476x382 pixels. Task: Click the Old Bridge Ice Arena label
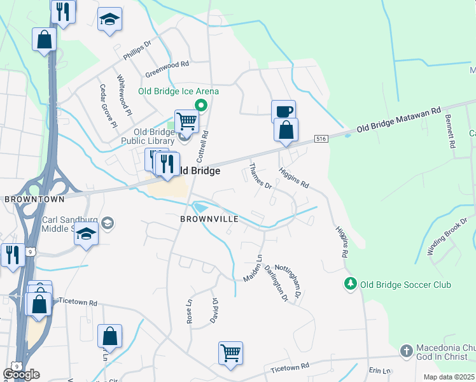(x=178, y=91)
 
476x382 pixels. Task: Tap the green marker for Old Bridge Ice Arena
(x=201, y=106)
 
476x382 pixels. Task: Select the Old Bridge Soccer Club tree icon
(x=349, y=283)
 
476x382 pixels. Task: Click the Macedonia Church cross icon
(x=406, y=351)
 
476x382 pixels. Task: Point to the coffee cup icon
(x=283, y=111)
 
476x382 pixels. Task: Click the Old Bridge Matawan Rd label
(x=398, y=119)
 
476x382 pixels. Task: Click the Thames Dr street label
(x=260, y=176)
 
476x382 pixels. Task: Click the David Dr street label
(x=215, y=311)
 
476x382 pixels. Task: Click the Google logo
(x=20, y=374)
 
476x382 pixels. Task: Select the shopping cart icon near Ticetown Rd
(x=230, y=353)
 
